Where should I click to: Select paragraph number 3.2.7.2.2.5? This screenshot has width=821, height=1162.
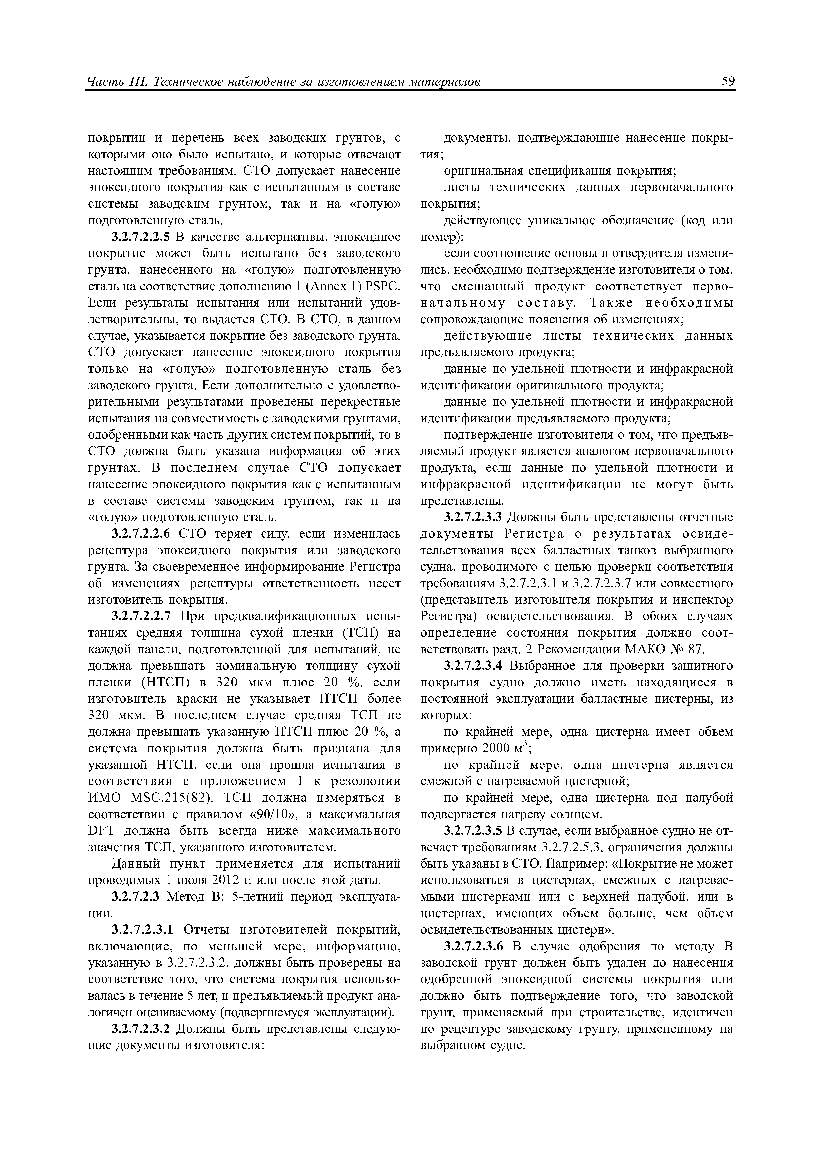142,237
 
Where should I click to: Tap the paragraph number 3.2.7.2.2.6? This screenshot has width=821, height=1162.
142,534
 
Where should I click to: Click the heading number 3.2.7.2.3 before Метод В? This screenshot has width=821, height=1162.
136,897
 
